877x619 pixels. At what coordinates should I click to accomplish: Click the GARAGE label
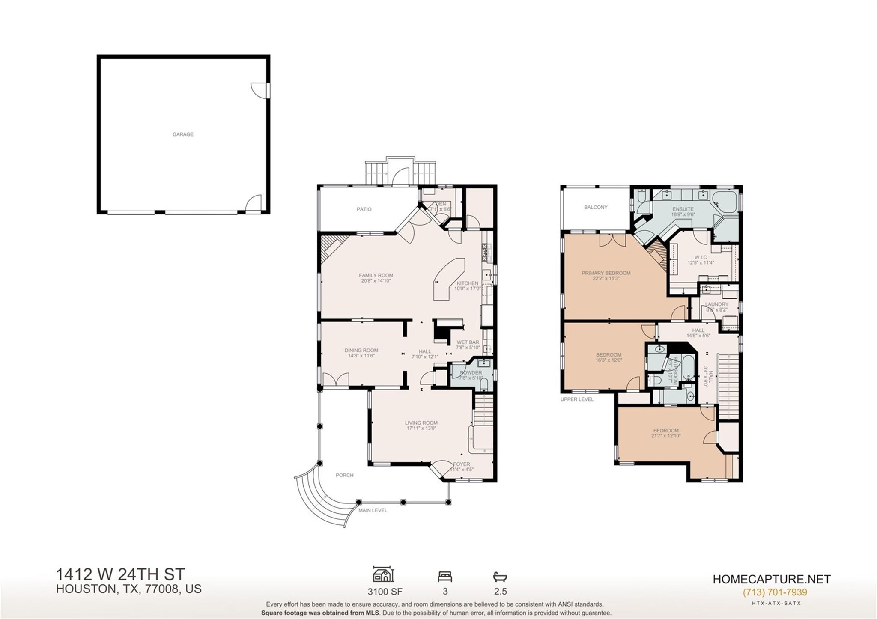coord(183,134)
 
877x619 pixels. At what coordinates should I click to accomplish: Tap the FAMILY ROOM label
coord(376,275)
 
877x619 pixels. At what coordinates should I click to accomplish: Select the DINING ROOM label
coord(361,350)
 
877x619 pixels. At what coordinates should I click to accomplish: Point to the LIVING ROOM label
coord(421,423)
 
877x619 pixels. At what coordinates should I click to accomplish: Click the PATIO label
coord(364,209)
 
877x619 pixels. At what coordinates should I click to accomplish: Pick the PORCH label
coord(345,475)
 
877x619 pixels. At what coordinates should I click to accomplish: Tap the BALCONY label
coord(596,207)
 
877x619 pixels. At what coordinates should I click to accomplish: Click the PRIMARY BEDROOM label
coord(606,273)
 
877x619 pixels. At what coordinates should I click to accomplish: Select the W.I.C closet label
coord(701,257)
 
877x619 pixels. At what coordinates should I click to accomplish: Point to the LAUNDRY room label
coord(716,304)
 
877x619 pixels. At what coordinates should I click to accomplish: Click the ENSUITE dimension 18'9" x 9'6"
coord(683,214)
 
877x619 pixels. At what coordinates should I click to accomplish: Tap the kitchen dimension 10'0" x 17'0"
coord(467,289)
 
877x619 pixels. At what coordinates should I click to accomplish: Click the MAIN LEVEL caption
coord(373,510)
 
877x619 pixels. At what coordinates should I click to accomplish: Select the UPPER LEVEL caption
coord(577,399)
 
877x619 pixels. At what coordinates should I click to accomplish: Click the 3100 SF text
coord(385,592)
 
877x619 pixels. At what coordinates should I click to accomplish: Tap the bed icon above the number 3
coord(445,577)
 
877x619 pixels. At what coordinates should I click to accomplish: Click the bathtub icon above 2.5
coord(500,577)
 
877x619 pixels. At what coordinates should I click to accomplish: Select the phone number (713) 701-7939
coord(775,592)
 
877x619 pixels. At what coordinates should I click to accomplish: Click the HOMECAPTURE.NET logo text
coord(772,579)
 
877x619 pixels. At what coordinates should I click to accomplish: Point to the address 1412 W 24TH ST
coord(121,574)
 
